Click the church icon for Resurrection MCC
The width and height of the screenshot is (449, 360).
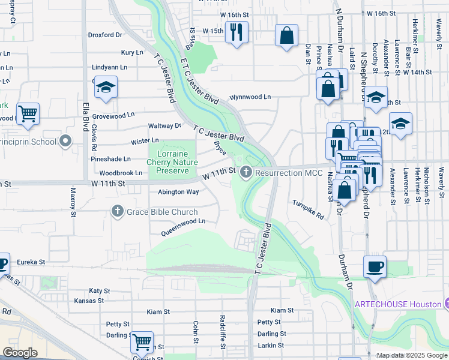pyautogui.click(x=245, y=173)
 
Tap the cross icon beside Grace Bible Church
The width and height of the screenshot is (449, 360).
pyautogui.click(x=117, y=211)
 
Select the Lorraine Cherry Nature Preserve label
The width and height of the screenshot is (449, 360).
pyautogui.click(x=172, y=162)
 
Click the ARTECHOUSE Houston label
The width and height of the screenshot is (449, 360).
pyautogui.click(x=397, y=304)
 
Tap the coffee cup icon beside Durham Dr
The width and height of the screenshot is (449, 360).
pyautogui.click(x=375, y=267)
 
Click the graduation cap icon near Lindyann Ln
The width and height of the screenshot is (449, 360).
pyautogui.click(x=106, y=88)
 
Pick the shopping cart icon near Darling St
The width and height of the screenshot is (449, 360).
pyautogui.click(x=142, y=343)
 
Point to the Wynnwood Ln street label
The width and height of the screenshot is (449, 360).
pyautogui.click(x=250, y=97)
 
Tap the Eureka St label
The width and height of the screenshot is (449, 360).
pyautogui.click(x=31, y=262)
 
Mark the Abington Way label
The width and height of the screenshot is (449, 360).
pyautogui.click(x=178, y=192)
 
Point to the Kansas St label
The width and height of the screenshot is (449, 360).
pyautogui.click(x=89, y=301)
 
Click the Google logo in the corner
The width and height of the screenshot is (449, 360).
pyautogui.click(x=20, y=353)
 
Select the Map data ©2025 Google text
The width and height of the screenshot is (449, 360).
pyautogui.click(x=411, y=355)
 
